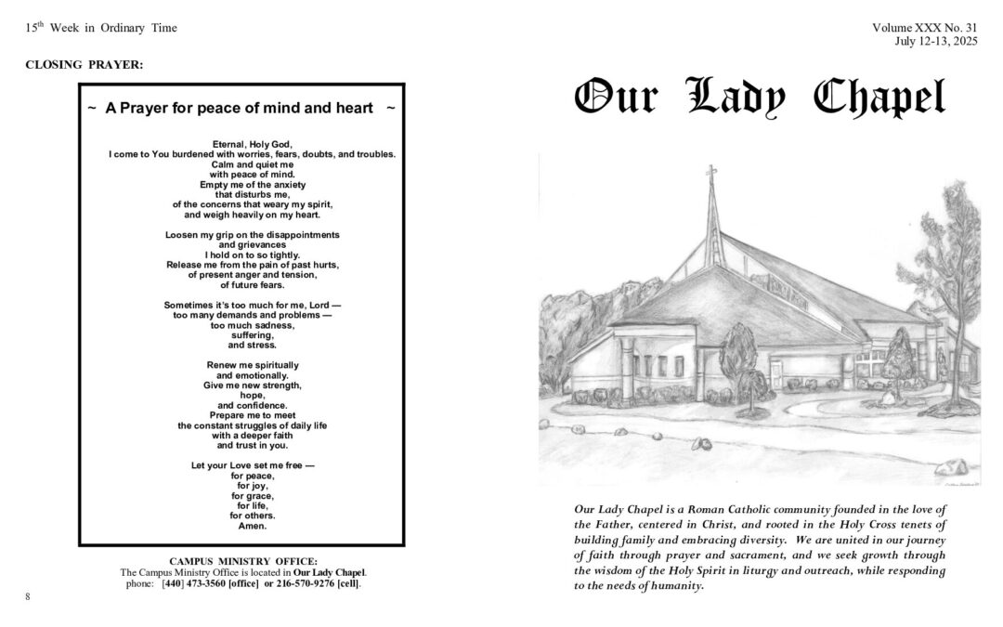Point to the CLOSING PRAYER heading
pyautogui.click(x=85, y=64)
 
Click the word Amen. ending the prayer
pyautogui.click(x=252, y=527)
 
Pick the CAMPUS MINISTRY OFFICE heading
pyautogui.click(x=243, y=561)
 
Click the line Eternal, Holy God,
pyautogui.click(x=252, y=143)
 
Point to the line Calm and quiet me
pyautogui.click(x=252, y=163)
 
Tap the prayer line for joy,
pyautogui.click(x=252, y=485)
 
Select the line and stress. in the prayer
pyautogui.click(x=252, y=345)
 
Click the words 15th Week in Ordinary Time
pyautogui.click(x=101, y=28)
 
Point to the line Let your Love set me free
pyautogui.click(x=252, y=464)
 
